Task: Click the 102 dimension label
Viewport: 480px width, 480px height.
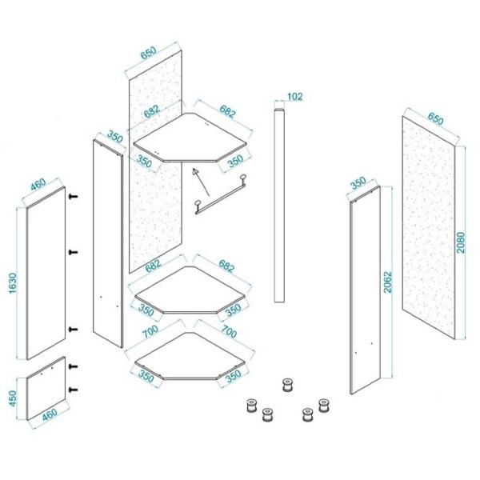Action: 294,97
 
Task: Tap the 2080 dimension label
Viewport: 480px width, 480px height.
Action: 461,242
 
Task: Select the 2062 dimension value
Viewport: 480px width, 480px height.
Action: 387,282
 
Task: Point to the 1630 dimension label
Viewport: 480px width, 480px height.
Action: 13,283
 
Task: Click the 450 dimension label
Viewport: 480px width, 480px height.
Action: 13,398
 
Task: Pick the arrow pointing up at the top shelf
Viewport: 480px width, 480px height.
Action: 201,182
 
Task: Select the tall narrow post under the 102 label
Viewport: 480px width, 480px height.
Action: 279,205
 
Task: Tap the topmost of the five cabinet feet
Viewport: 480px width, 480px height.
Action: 287,385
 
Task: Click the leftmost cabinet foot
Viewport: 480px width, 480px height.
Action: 252,406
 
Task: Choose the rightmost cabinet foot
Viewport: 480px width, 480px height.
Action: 323,406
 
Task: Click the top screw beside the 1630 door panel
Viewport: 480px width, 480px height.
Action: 73,197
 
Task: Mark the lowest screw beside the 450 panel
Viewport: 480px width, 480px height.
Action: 73,390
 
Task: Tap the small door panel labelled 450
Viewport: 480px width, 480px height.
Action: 46,388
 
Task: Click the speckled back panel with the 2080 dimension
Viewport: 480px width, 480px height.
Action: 429,228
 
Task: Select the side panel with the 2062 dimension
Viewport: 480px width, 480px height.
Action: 366,290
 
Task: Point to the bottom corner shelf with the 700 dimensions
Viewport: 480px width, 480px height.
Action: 190,356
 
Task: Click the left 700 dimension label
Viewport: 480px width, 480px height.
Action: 151,331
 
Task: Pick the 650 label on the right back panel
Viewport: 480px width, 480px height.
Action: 435,118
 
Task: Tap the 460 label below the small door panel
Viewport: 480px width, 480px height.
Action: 50,414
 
